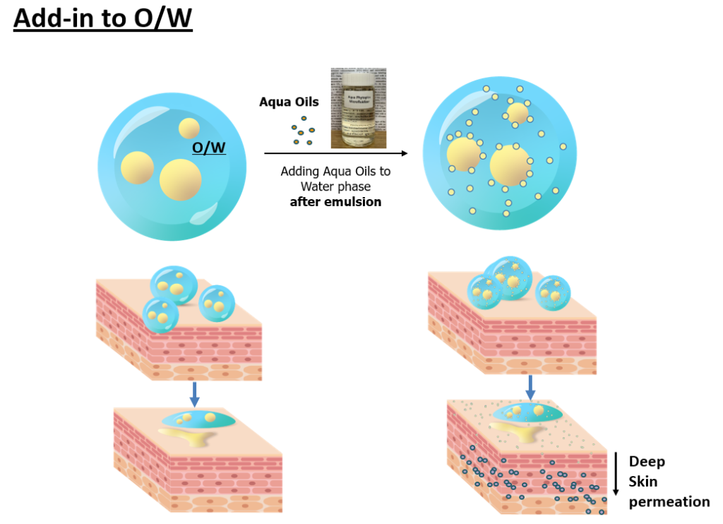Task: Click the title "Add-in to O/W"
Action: coord(103,19)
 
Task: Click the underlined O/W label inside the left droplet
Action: coord(209,148)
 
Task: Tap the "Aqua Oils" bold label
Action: coord(289,102)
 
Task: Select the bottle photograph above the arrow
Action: coord(359,108)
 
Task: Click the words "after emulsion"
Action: coord(335,202)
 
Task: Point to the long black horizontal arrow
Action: coord(336,153)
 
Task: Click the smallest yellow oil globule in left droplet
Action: coord(189,128)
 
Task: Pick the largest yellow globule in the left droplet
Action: coord(179,179)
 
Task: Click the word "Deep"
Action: coord(647,462)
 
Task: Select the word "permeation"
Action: coord(669,502)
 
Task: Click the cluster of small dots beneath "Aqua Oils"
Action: coord(301,133)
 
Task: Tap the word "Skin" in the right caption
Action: coord(643,482)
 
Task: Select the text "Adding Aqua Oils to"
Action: coord(335,171)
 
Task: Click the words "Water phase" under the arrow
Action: coord(335,186)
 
